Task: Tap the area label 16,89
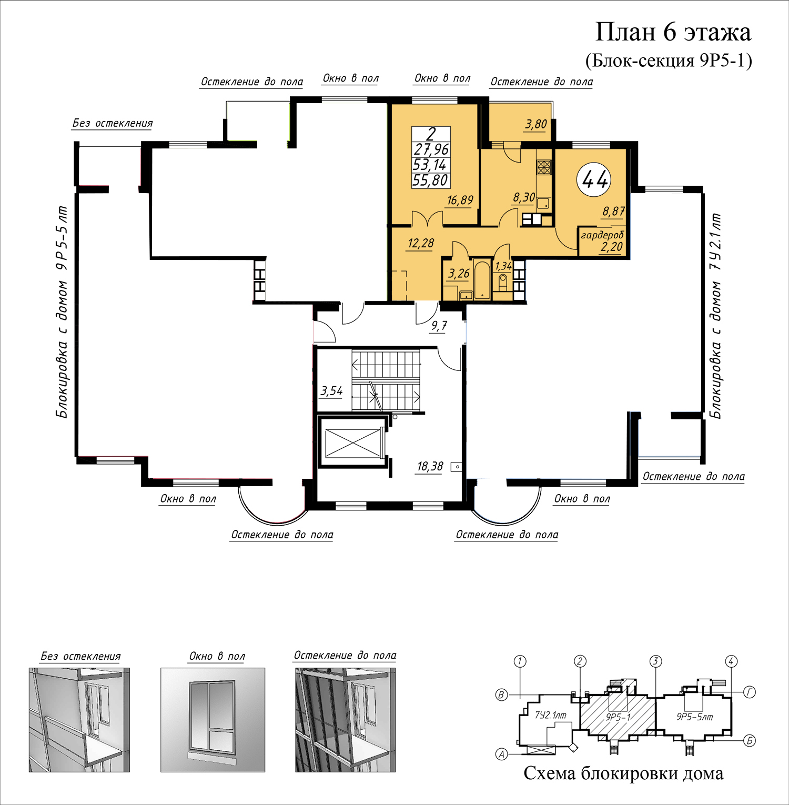pos(460,200)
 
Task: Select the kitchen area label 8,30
pos(524,197)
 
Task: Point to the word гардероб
pos(602,235)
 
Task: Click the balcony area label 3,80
pos(536,124)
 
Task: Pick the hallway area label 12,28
pos(421,243)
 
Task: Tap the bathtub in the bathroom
pos(482,279)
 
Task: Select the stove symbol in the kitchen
pos(544,167)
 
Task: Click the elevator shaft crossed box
pos(352,443)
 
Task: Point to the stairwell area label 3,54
pos(331,391)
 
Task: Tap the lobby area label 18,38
pos(430,466)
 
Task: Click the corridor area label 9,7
pos(439,326)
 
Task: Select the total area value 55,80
pos(430,180)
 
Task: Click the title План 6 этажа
pos(673,32)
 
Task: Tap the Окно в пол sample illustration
pos(213,720)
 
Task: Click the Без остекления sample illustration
pos(79,720)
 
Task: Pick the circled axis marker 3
pos(655,661)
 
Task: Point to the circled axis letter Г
pos(750,692)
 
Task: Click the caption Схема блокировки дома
pos(623,773)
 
